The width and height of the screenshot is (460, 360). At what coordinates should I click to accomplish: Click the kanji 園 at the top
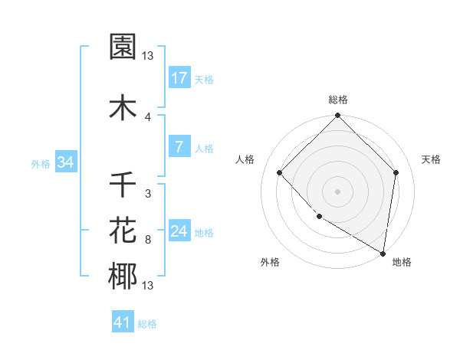123,47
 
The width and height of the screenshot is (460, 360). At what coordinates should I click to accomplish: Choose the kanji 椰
123,277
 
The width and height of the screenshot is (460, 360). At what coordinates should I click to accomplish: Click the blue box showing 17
179,78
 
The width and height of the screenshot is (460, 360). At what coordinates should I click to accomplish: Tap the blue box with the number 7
179,147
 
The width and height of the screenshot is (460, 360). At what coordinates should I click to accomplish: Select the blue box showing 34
65,162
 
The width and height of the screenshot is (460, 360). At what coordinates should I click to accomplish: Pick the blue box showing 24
179,231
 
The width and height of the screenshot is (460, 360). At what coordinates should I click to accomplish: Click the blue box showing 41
122,322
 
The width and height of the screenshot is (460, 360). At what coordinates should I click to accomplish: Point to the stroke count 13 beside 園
148,56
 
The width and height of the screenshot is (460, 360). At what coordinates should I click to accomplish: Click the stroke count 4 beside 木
148,116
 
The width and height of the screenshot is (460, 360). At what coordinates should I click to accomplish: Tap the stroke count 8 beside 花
148,240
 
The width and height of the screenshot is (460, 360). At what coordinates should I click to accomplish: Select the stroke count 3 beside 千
148,194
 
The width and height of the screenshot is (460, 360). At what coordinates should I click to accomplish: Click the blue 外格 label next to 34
41,163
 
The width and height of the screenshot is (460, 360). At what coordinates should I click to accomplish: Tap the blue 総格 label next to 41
147,324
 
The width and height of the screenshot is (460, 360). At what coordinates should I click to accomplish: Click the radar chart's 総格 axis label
338,100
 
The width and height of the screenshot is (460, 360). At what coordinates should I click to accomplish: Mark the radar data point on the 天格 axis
396,172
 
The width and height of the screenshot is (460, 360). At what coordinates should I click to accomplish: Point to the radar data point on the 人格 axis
280,172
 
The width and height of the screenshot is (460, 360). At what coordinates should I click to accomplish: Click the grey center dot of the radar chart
338,191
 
